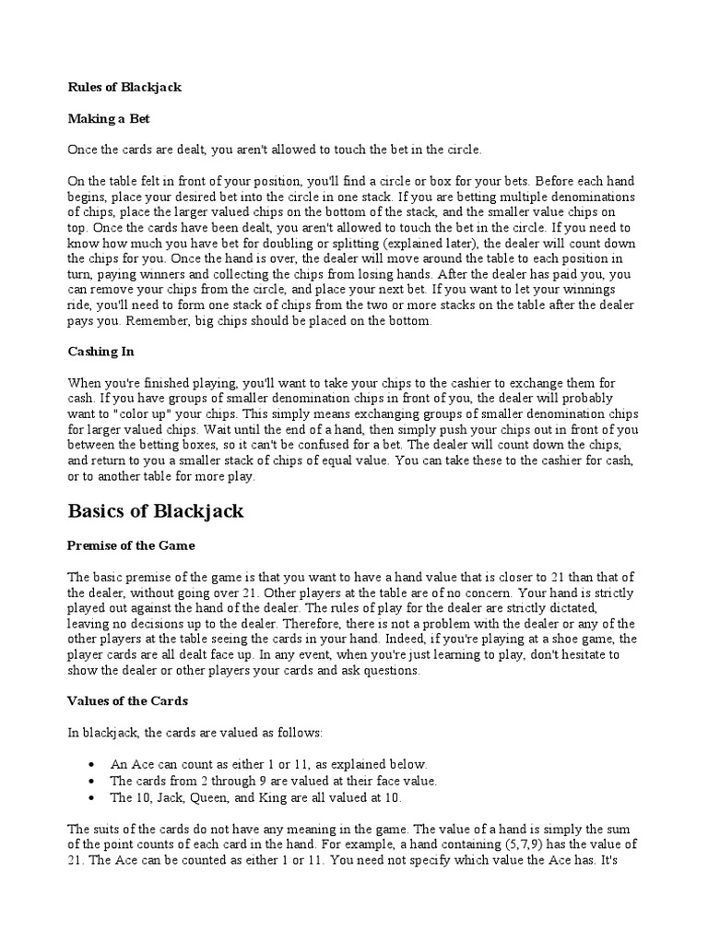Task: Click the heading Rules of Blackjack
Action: point(124,88)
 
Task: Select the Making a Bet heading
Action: point(108,118)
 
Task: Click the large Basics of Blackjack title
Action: point(156,511)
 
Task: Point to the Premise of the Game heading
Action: point(131,545)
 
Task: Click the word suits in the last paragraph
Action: point(106,829)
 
